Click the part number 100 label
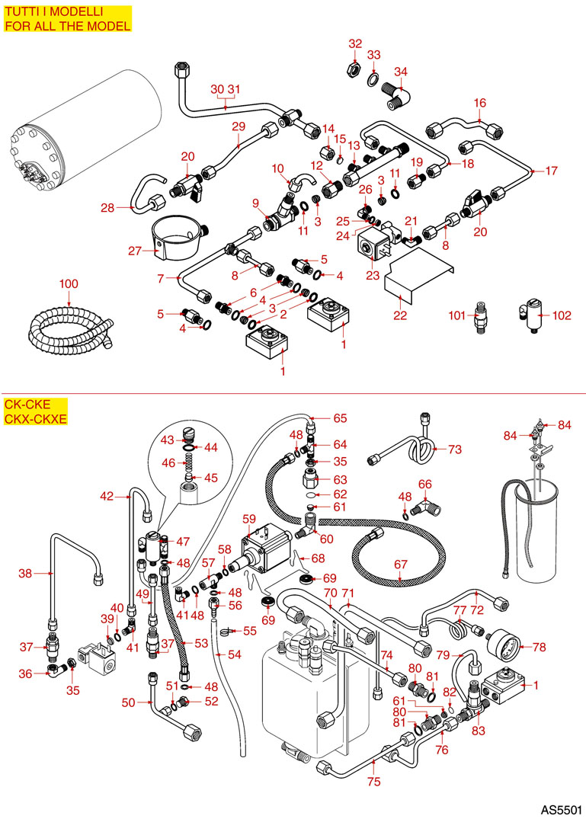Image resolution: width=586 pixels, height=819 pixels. (69, 284)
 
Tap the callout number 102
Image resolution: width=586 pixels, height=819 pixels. (561, 314)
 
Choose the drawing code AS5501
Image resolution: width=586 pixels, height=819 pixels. (561, 807)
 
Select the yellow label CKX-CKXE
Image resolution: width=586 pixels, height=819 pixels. (36, 419)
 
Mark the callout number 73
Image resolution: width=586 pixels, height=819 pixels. (455, 449)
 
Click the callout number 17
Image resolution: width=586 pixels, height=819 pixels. (550, 171)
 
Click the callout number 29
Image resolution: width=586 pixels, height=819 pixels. (239, 126)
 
